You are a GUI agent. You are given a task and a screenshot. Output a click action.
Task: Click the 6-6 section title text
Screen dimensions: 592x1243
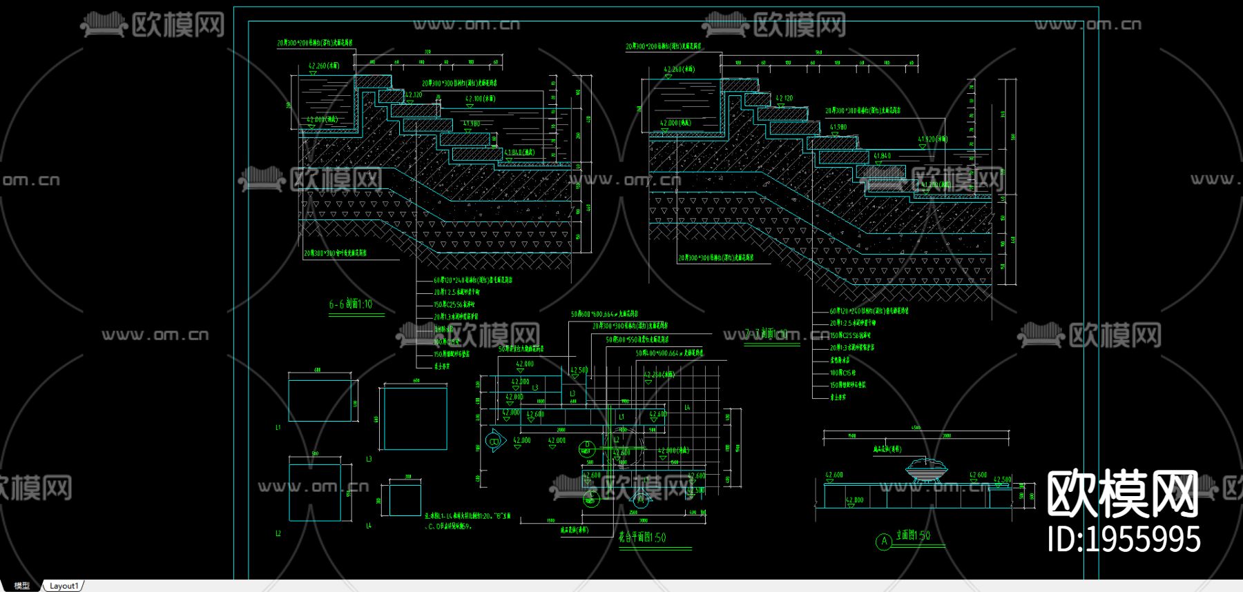point(350,304)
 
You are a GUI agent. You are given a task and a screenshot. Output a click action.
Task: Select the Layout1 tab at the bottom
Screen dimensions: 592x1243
point(64,586)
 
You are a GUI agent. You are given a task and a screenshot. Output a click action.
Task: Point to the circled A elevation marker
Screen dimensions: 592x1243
point(884,542)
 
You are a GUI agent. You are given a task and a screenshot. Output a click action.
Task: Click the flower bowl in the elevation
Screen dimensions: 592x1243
point(926,468)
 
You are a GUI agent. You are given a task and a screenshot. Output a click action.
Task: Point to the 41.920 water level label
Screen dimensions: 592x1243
point(932,139)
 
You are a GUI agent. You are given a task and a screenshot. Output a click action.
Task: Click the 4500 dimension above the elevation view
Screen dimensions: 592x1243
point(916,428)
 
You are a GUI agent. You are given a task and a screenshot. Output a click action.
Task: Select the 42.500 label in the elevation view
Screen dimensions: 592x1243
point(1002,480)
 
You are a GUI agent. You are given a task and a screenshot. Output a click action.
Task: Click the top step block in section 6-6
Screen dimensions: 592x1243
point(373,82)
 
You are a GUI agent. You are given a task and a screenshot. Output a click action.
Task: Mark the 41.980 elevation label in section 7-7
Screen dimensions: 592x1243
point(838,127)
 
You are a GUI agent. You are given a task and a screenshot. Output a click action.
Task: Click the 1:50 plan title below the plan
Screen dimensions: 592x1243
point(642,537)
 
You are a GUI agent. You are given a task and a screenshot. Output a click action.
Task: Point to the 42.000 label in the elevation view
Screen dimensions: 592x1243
point(854,500)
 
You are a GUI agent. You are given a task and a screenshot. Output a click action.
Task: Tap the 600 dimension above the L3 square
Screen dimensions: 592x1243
point(416,380)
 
